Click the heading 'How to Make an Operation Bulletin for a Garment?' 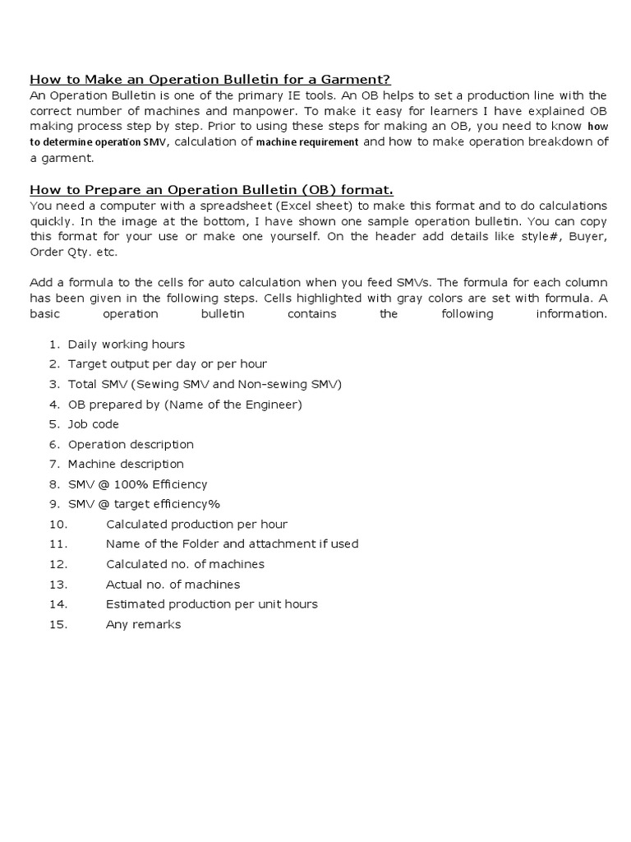(210, 80)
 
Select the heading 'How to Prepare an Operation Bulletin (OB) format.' (212, 190)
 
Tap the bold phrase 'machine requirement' (307, 142)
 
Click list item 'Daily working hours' (126, 345)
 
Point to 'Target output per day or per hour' (167, 364)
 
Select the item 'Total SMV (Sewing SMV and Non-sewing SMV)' (205, 384)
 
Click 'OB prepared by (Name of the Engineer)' (185, 405)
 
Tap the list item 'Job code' (93, 424)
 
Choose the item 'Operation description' (131, 444)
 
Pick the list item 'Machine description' (126, 465)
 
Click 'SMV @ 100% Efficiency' (137, 484)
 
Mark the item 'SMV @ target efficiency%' (144, 504)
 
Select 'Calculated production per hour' (196, 525)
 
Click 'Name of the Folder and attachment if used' (232, 544)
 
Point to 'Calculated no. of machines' (185, 564)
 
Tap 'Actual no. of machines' (173, 585)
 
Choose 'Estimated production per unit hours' (211, 604)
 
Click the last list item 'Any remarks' (143, 625)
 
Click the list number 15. (57, 625)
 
